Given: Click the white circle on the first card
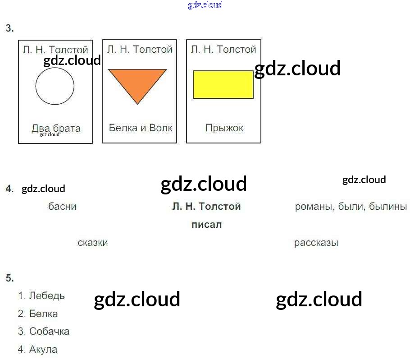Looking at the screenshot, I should [x=55, y=86].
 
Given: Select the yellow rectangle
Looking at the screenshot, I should [x=223, y=84].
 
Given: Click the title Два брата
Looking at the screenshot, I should [x=56, y=128].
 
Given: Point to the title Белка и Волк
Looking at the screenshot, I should [x=140, y=128].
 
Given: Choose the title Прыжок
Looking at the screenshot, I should [x=224, y=128].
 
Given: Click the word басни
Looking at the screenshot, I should [x=62, y=207].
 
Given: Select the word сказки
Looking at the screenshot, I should [x=92, y=243].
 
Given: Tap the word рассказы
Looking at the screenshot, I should [x=316, y=243].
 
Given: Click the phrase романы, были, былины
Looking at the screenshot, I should [x=351, y=207].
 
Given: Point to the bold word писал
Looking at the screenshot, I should [x=206, y=225].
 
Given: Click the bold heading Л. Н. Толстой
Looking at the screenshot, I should [x=206, y=207].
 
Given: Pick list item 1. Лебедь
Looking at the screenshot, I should [x=41, y=296].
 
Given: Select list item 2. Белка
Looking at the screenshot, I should [x=38, y=314].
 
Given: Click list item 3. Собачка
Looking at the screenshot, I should [x=44, y=332].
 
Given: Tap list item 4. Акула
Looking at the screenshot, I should [x=38, y=349].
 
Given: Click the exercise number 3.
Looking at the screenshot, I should [x=9, y=28].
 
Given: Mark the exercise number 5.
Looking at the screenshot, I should [x=9, y=278].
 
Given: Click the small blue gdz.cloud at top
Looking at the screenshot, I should [x=205, y=5].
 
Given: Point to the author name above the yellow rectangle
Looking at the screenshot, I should [x=223, y=49].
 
